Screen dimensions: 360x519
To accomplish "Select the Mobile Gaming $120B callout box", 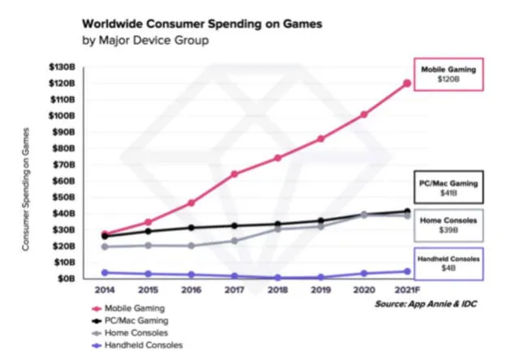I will (x=448, y=75).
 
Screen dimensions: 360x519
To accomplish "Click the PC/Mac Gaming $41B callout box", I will (x=448, y=189).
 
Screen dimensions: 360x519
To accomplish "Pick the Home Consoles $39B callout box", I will (x=448, y=225).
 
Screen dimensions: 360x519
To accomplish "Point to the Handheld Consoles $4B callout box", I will (x=448, y=264).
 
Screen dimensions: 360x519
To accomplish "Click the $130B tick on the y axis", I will (x=63, y=66).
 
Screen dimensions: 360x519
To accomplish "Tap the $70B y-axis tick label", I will (x=65, y=165).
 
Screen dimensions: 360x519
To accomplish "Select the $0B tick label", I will (x=67, y=278).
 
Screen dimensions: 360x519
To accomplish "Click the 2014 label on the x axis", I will (x=104, y=290).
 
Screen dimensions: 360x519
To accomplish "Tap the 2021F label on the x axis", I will (x=406, y=290).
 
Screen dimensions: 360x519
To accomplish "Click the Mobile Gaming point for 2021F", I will (x=406, y=83).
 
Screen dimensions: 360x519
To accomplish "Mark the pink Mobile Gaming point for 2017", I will (x=234, y=174).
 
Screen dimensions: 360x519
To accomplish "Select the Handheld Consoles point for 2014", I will (x=104, y=272).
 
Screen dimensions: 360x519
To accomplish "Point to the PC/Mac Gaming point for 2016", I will (x=191, y=228).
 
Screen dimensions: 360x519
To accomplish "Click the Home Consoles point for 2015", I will (x=148, y=245).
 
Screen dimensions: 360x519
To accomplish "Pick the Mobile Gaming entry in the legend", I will (x=135, y=308).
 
